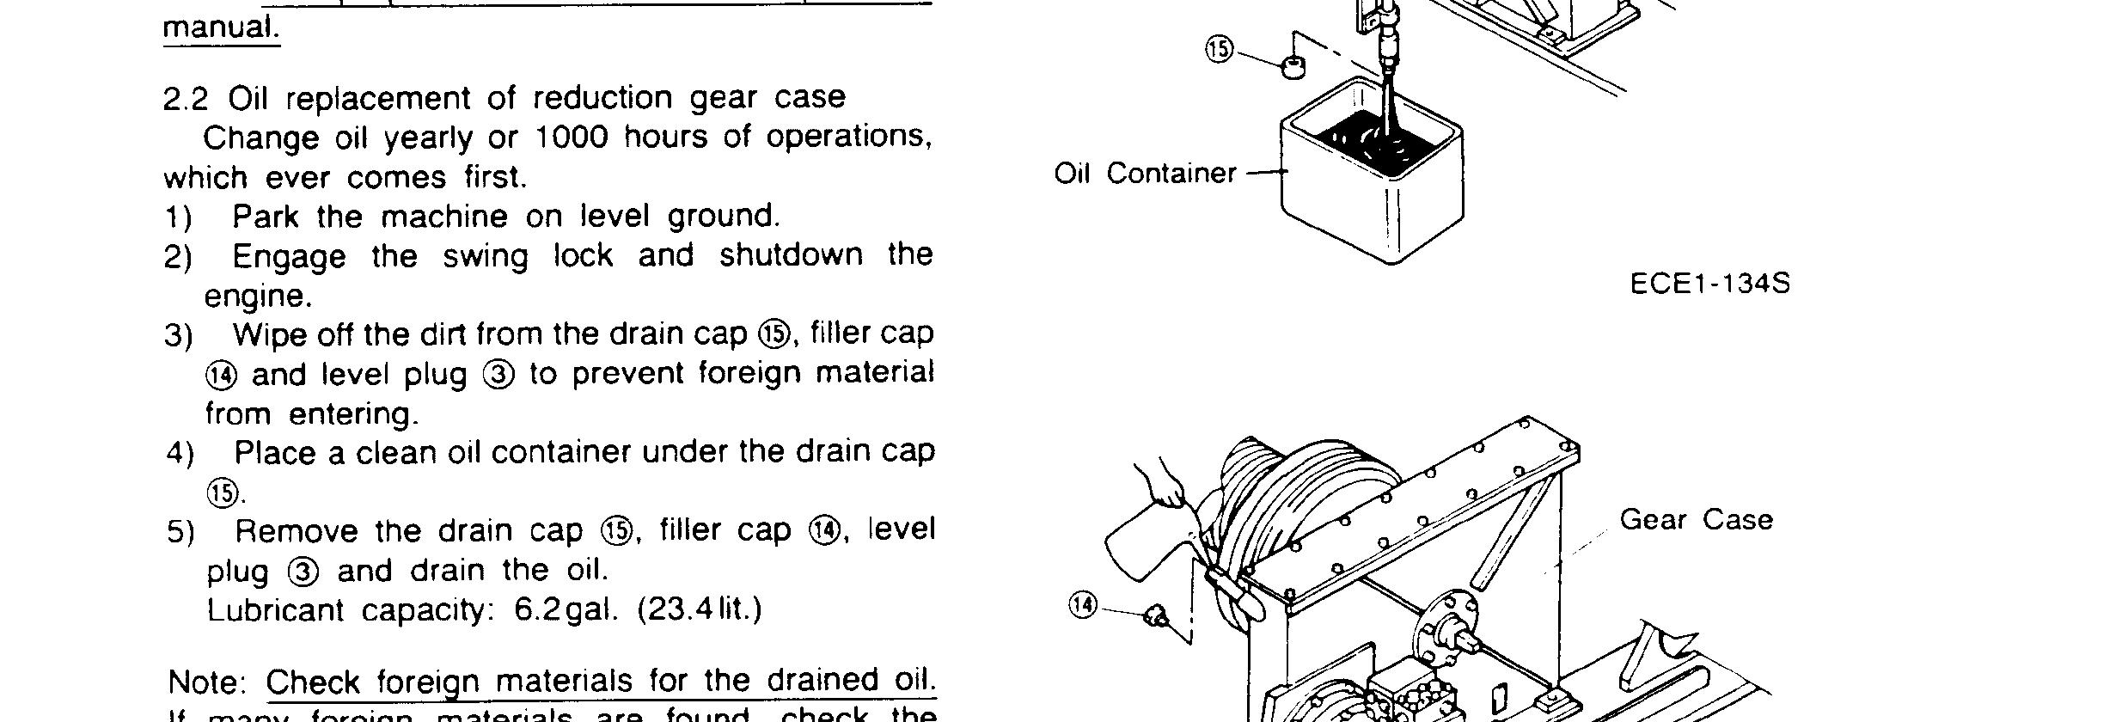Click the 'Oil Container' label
1145,174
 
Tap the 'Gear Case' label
1696,520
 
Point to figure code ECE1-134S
1709,284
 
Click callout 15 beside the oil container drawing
1219,50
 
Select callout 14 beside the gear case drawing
1084,605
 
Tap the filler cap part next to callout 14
1157,615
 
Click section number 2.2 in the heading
185,99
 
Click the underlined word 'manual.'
221,28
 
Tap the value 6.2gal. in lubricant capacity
566,610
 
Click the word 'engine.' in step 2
258,297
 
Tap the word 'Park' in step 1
265,217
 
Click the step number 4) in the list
180,454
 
